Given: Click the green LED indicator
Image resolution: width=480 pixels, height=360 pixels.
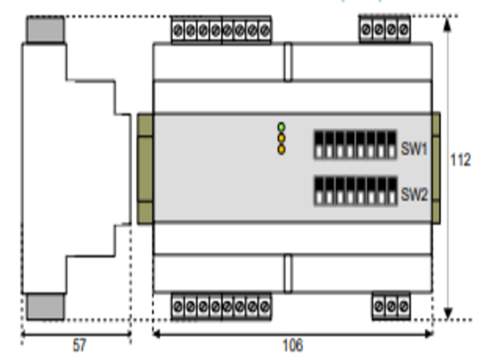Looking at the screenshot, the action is tap(281, 127).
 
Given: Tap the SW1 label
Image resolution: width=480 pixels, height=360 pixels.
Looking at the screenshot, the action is tap(414, 148).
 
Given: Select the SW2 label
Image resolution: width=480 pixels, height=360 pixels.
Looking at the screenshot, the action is tap(414, 194).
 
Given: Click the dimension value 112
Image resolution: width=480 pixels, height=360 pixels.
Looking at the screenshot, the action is tap(460, 160).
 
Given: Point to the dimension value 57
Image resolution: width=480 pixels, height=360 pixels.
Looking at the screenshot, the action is tap(79, 346).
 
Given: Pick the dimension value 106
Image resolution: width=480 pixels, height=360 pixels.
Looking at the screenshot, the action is tap(293, 346).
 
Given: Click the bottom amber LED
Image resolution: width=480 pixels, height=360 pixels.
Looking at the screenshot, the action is tap(281, 149).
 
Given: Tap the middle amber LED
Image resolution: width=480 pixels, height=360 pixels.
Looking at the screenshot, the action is tap(281, 139).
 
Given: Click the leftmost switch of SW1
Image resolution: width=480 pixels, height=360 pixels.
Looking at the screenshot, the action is tap(319, 145).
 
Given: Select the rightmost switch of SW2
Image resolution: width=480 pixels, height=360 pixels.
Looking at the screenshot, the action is tap(392, 191).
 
